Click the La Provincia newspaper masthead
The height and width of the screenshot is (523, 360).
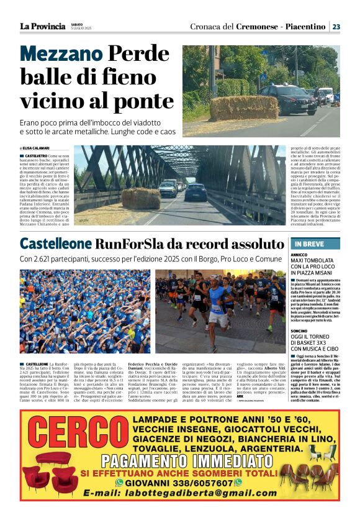pyautogui.click(x=42, y=26)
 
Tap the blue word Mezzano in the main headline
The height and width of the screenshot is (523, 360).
pyautogui.click(x=61, y=56)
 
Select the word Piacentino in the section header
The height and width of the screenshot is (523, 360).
pyautogui.click(x=305, y=27)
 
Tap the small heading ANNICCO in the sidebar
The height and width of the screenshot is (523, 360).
pyautogui.click(x=300, y=255)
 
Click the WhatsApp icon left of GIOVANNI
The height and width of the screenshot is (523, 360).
pyautogui.click(x=120, y=483)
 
